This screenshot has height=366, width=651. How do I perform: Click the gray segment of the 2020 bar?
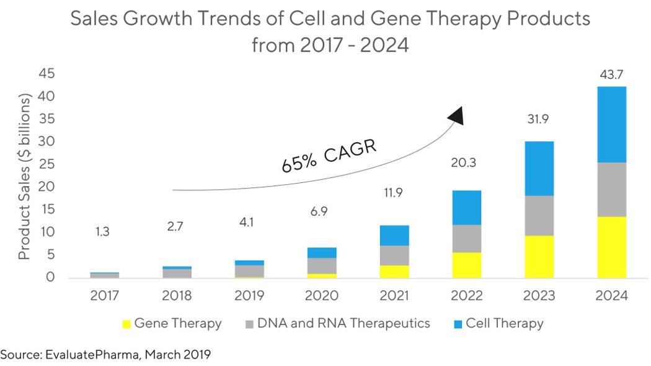(x=321, y=266)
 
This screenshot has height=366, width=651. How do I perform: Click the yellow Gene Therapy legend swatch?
(x=126, y=324)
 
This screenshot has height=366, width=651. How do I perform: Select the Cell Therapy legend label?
(x=504, y=323)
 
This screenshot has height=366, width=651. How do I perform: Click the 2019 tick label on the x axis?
(x=249, y=295)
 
